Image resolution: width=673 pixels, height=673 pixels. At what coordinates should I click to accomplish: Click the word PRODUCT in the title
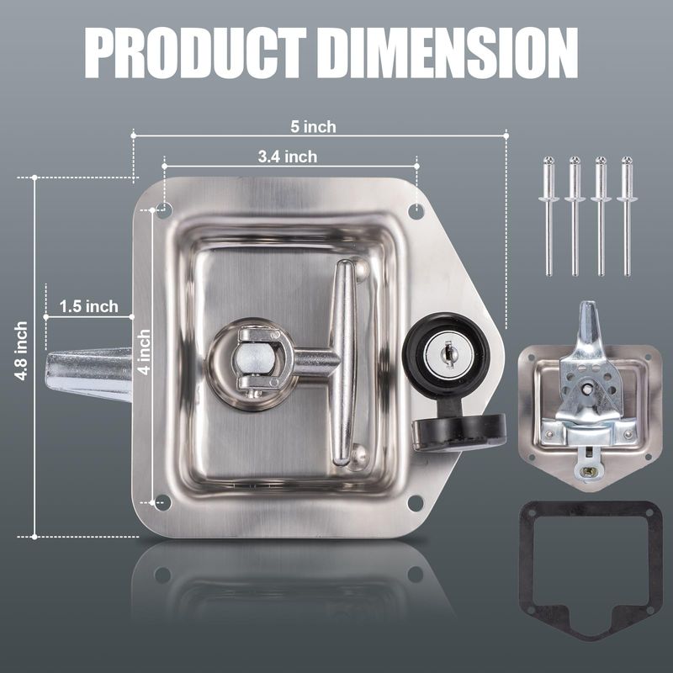[x=195, y=54]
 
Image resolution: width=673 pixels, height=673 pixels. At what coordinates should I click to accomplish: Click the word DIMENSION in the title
[x=449, y=54]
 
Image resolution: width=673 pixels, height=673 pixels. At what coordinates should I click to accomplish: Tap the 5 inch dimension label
[x=313, y=127]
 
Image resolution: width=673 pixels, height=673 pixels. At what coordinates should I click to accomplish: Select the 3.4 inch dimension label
[x=288, y=156]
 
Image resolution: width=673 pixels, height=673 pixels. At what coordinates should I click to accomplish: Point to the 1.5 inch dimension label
[x=88, y=306]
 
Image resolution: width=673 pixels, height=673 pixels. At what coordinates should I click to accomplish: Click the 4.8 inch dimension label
[x=21, y=351]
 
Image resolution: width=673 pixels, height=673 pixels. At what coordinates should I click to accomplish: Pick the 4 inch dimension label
[x=144, y=352]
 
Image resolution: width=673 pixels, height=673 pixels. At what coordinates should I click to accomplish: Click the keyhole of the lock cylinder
[x=448, y=354]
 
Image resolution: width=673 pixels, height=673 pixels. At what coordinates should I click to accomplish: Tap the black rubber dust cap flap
[x=459, y=431]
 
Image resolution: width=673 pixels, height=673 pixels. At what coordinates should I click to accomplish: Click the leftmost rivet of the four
[x=549, y=216]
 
